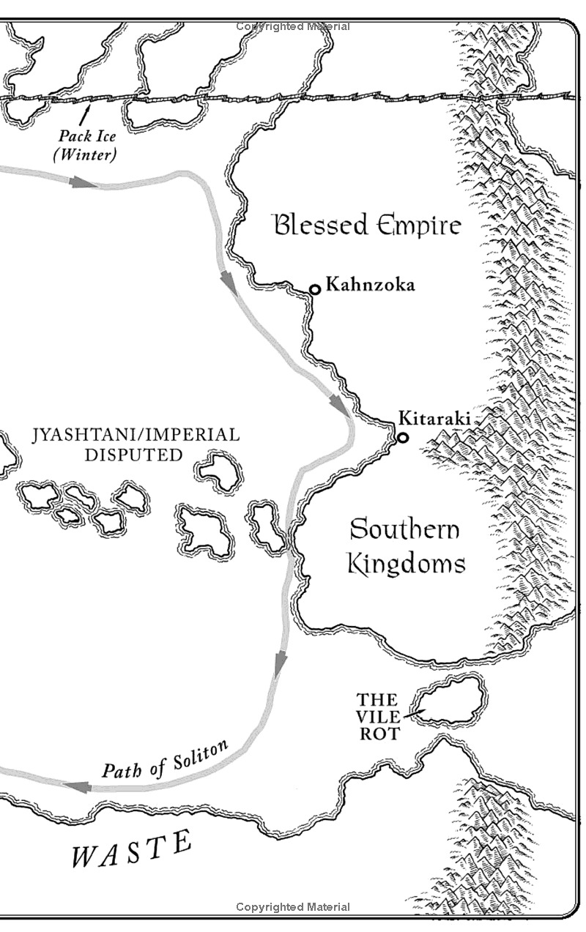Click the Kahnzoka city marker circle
[x=315, y=289]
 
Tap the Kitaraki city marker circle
[x=402, y=438]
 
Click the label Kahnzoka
[x=370, y=284]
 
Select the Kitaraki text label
[x=434, y=419]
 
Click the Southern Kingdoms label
[x=405, y=547]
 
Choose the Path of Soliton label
[x=166, y=759]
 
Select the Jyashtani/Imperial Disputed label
[x=136, y=444]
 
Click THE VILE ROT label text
[x=378, y=716]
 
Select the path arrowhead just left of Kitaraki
[x=340, y=406]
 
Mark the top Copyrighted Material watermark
[x=293, y=26]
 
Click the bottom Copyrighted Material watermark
[x=293, y=907]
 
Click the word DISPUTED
[x=133, y=455]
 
